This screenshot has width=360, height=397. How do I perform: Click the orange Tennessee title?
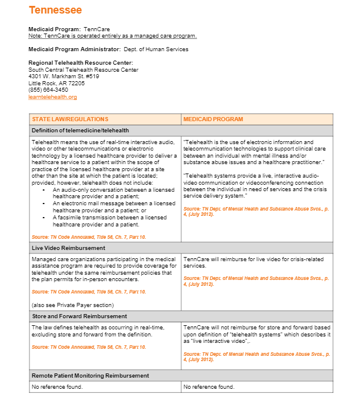tap(55, 10)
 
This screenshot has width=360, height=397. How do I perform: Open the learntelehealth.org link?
tap(52, 97)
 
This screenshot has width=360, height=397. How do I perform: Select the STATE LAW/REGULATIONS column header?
tap(70, 119)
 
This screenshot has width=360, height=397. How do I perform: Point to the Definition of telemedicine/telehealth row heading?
tap(80, 131)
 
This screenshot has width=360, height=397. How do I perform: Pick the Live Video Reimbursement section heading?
tap(68, 248)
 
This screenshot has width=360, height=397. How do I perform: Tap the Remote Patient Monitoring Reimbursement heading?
tap(90, 375)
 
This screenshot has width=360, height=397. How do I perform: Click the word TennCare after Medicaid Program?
tap(96, 29)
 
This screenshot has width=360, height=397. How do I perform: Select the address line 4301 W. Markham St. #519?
tap(64, 76)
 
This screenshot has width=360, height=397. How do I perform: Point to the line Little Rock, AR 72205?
tap(56, 84)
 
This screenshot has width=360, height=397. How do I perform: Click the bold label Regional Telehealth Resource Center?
tap(81, 63)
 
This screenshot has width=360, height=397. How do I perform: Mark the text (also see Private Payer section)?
tap(72, 305)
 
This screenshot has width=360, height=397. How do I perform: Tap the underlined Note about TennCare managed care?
tap(112, 36)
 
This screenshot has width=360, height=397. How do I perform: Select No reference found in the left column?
tap(57, 387)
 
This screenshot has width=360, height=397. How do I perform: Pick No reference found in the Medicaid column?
tap(209, 387)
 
